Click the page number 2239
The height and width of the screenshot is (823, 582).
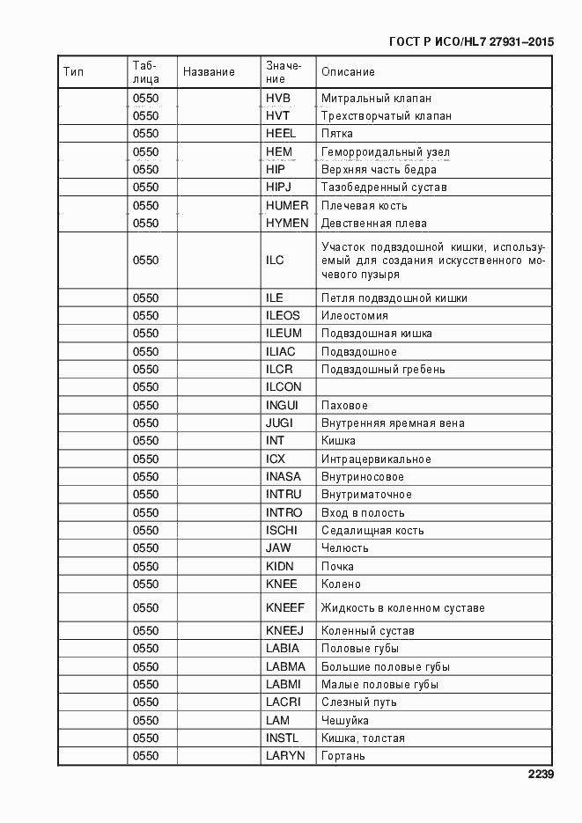(x=540, y=775)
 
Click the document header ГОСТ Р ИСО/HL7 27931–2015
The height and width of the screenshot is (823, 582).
(x=470, y=41)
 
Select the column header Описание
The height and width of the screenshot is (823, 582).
(x=348, y=72)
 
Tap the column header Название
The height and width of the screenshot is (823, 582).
(x=209, y=72)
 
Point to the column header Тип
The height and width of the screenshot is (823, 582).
(x=73, y=72)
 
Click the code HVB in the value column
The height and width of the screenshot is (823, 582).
(x=277, y=98)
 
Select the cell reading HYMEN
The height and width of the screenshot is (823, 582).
(x=287, y=224)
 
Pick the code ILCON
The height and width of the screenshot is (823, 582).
(x=284, y=387)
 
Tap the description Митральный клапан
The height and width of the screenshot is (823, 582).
(x=376, y=98)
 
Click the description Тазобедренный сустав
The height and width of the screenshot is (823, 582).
(x=384, y=187)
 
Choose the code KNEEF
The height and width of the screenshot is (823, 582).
(x=285, y=607)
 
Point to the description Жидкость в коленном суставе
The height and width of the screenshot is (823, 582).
(x=402, y=607)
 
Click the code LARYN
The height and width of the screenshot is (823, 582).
(x=285, y=756)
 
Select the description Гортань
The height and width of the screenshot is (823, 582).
(x=343, y=756)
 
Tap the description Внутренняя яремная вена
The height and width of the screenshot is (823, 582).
(x=393, y=423)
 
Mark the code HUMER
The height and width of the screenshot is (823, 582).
(x=287, y=205)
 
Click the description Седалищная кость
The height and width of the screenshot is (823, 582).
(x=372, y=531)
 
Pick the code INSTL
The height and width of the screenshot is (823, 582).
(x=282, y=738)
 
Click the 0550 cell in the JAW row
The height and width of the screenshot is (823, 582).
(x=145, y=548)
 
